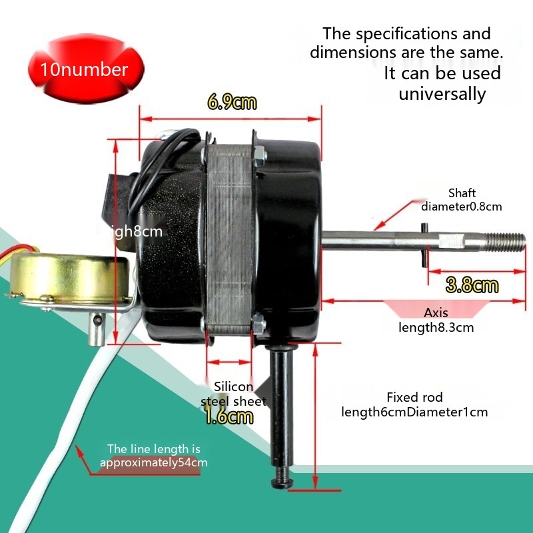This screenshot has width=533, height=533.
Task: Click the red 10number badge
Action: tap(84, 69)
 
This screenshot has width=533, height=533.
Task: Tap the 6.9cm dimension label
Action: tap(231, 102)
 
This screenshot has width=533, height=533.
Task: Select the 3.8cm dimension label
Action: tap(472, 286)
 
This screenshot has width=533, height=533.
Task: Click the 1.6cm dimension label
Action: tap(229, 417)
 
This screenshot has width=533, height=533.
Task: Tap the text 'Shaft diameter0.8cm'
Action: tap(462, 200)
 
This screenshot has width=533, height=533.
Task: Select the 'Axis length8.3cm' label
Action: tap(436, 320)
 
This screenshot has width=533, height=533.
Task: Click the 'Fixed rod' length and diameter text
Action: tap(414, 404)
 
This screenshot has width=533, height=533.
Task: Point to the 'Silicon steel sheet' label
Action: tap(233, 394)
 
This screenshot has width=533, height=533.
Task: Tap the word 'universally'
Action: tap(442, 94)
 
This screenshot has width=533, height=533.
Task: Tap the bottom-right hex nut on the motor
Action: tap(259, 326)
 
